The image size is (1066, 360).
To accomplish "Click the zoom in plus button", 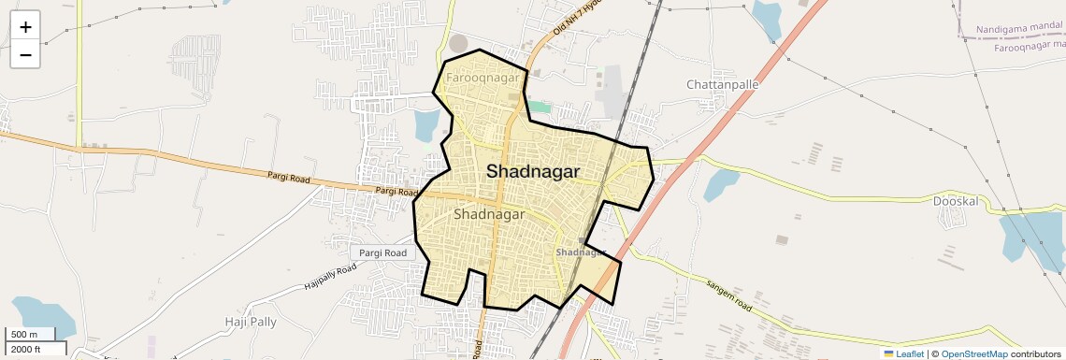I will click(x=25, y=27).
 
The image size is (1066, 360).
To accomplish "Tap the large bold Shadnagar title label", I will click(x=533, y=172).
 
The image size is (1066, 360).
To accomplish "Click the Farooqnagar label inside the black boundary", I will click(x=483, y=78).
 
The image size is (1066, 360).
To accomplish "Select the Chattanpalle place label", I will click(x=723, y=84).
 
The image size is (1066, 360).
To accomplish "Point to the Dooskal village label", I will click(x=955, y=200).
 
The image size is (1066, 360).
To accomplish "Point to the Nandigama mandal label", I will click(x=1017, y=30).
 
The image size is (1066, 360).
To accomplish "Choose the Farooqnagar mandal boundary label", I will click(x=1029, y=46).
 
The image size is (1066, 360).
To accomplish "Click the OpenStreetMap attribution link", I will click(x=973, y=353).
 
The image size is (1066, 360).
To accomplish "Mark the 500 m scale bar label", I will click(x=24, y=335).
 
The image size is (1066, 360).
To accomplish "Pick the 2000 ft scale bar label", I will click(x=26, y=349).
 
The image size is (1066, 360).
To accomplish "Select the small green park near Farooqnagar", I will click(x=540, y=107).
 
